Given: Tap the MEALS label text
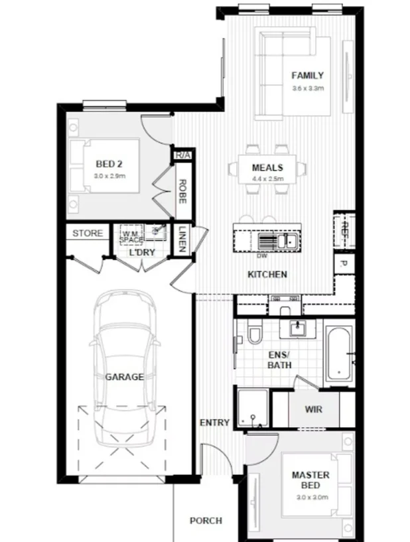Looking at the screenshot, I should pyautogui.click(x=267, y=168).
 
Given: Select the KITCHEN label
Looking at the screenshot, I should pyautogui.click(x=267, y=275).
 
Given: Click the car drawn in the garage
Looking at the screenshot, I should pyautogui.click(x=125, y=372).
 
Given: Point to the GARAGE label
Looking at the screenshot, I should pyautogui.click(x=124, y=377).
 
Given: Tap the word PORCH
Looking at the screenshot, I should pyautogui.click(x=206, y=521).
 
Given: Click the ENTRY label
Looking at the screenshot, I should pyautogui.click(x=214, y=423).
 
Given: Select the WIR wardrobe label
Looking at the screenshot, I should pyautogui.click(x=313, y=409).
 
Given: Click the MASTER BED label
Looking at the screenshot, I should pyautogui.click(x=310, y=480).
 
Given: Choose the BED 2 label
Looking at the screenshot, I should pyautogui.click(x=109, y=164).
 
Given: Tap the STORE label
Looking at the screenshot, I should pyautogui.click(x=88, y=234).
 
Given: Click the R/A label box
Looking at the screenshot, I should pyautogui.click(x=182, y=155).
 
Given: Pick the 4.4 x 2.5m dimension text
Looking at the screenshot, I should pyautogui.click(x=267, y=179).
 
